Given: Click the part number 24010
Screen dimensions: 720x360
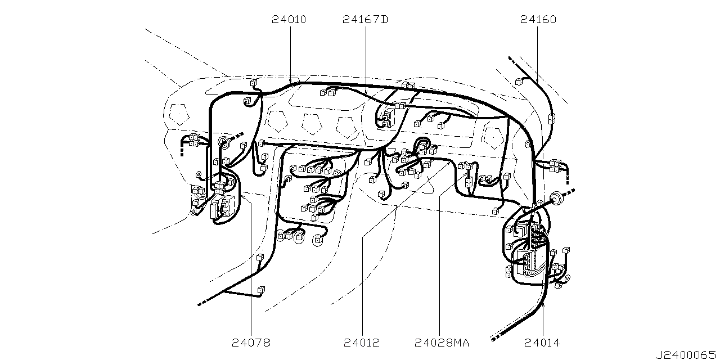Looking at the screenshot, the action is [289, 20].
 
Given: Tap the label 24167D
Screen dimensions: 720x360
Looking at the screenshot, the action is [366, 20].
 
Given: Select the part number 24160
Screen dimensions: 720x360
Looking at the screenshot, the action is [538, 20].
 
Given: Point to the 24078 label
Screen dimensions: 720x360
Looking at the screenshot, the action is [251, 343].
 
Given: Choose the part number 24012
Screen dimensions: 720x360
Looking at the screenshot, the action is [362, 343].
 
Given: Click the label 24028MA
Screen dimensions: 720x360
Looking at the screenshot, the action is [442, 343].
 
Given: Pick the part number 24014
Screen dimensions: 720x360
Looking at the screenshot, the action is [542, 343].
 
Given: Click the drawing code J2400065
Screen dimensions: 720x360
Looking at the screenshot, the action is [686, 355].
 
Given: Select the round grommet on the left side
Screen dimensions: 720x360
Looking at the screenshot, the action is [224, 142].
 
